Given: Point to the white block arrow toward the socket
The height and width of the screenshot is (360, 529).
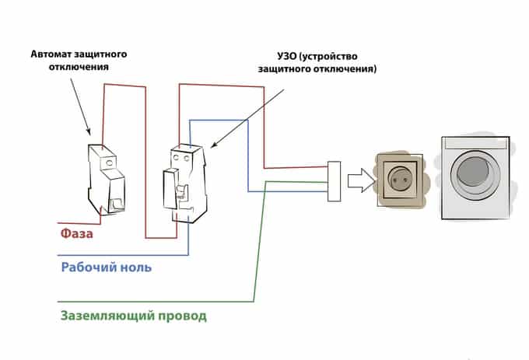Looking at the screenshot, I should tap(359, 180).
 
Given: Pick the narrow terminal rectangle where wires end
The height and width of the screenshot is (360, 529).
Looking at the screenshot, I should tap(335, 181).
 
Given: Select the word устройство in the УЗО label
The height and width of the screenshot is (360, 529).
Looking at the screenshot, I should tap(338, 56).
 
